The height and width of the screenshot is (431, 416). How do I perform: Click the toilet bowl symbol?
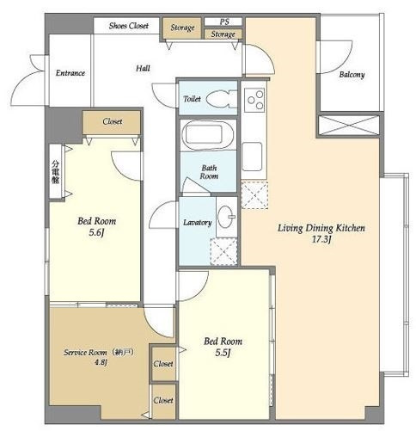point(221,99)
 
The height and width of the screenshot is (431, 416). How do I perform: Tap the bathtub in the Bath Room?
point(207,135)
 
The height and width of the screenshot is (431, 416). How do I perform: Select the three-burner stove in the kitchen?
point(254,100)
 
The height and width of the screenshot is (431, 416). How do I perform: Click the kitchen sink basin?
point(252,157)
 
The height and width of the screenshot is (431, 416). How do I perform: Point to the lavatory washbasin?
point(225,217)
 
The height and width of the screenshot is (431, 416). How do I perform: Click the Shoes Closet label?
point(129,26)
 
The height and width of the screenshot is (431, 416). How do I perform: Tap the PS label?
point(224,22)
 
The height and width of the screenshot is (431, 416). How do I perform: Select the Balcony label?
point(352,75)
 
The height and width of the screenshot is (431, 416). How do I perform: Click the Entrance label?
point(70,73)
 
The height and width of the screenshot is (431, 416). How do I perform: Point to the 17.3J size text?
point(321,239)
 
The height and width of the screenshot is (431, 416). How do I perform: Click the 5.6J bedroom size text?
point(96,232)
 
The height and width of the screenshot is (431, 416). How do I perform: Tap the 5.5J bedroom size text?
point(223,353)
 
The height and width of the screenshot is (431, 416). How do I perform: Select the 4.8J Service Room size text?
point(101,362)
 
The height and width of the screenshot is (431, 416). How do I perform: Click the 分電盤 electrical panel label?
point(55,172)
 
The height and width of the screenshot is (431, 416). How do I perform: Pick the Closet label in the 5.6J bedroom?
point(113,121)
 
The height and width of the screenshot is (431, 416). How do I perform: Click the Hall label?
point(143,68)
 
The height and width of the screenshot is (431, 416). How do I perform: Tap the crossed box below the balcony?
point(349,126)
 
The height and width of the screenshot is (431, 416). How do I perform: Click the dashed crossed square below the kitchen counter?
point(254,195)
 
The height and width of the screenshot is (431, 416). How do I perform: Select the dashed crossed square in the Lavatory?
point(223,251)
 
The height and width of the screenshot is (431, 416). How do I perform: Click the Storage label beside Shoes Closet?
point(182,28)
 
